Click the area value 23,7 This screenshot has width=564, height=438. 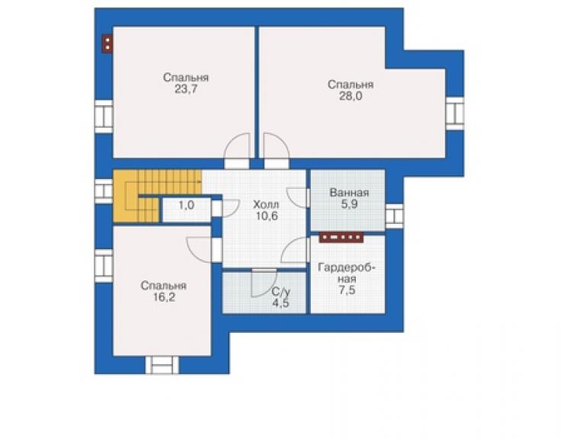(x=186, y=89)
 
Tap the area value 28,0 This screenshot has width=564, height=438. (x=351, y=97)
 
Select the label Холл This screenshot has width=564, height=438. (x=266, y=205)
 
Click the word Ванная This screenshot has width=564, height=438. (x=349, y=193)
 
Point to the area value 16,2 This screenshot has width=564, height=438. (x=164, y=297)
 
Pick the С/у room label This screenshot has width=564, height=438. (x=280, y=291)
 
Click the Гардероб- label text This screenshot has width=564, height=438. (x=347, y=268)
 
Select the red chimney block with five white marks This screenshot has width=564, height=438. (x=341, y=238)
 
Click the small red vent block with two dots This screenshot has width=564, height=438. (x=107, y=44)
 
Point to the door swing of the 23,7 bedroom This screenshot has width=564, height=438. (x=237, y=145)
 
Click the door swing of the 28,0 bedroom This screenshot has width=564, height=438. (x=276, y=145)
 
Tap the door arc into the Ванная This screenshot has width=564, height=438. (x=298, y=197)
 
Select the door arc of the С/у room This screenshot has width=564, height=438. (x=264, y=283)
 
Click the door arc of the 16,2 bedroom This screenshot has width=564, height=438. (x=199, y=250)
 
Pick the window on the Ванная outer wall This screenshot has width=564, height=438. (x=395, y=216)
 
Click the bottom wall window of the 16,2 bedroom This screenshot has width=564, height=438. (x=162, y=365)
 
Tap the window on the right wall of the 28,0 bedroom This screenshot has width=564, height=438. (x=455, y=113)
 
